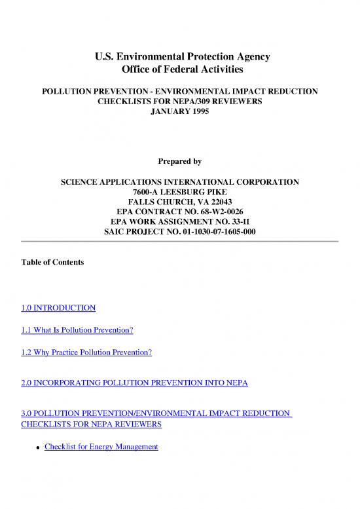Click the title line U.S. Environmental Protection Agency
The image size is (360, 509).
pyautogui.click(x=179, y=57)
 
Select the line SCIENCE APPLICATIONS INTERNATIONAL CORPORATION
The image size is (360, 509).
pyautogui.click(x=179, y=181)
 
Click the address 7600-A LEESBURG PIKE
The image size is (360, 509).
pyautogui.click(x=179, y=192)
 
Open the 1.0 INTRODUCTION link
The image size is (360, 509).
pyautogui.click(x=58, y=307)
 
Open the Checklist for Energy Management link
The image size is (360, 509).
pyautogui.click(x=101, y=447)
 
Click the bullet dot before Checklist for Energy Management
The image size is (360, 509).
pyautogui.click(x=39, y=448)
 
